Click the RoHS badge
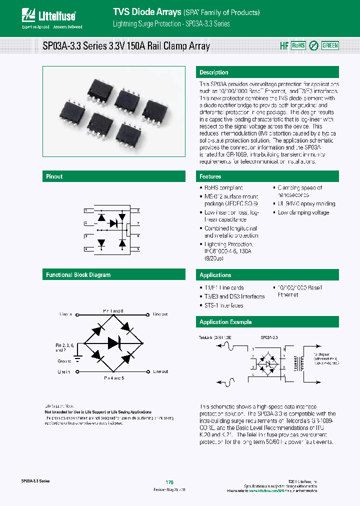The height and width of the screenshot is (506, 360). pyautogui.click(x=298, y=45)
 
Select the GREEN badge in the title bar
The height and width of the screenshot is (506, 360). pyautogui.click(x=330, y=45)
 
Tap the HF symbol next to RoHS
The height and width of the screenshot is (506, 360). pyautogui.click(x=283, y=45)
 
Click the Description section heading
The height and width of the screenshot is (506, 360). pyautogui.click(x=214, y=72)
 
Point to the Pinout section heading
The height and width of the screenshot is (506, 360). pyautogui.click(x=54, y=176)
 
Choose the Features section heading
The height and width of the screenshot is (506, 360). pyautogui.click(x=210, y=176)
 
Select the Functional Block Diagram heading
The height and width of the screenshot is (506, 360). pyautogui.click(x=78, y=275)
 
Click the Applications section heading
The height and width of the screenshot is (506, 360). pyautogui.click(x=215, y=275)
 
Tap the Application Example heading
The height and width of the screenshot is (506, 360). pyautogui.click(x=225, y=322)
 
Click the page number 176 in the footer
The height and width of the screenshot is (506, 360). pyautogui.click(x=169, y=482)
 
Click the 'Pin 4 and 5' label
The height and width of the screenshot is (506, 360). pyautogui.click(x=114, y=378)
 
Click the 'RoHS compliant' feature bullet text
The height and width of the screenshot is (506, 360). pyautogui.click(x=223, y=188)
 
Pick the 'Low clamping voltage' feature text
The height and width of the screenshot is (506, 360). pyautogui.click(x=303, y=212)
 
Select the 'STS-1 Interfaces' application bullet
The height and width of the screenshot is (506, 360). pyautogui.click(x=224, y=305)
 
